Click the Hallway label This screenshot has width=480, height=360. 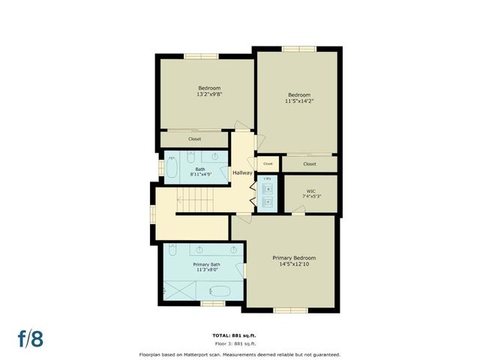242,173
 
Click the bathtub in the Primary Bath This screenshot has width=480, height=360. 221,290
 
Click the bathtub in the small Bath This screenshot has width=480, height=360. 171,168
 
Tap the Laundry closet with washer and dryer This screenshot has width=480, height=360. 268,193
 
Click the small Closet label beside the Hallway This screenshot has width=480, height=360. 267,163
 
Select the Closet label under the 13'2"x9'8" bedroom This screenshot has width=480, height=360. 194,139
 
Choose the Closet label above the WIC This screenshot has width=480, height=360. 309,163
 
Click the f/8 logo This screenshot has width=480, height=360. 31,337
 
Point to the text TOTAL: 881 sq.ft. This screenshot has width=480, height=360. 239,334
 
